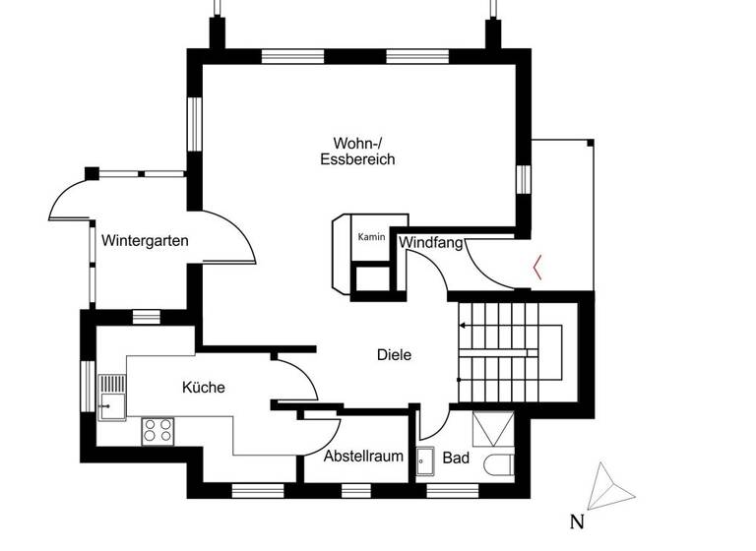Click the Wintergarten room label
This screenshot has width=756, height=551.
pyautogui.click(x=145, y=240)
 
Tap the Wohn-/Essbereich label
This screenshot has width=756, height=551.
pyautogui.click(x=357, y=150)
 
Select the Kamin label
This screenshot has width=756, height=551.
pyautogui.click(x=370, y=237)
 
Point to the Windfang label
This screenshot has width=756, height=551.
pyautogui.click(x=431, y=241)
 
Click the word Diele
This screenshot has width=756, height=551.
pyautogui.click(x=394, y=355)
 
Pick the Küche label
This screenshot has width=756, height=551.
pyautogui.click(x=204, y=388)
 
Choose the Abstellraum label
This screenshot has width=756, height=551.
pyautogui.click(x=364, y=457)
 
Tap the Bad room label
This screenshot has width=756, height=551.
pyautogui.click(x=456, y=458)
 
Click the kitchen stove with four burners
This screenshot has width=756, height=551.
pyautogui.click(x=157, y=430)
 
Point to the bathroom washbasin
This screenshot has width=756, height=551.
pyautogui.click(x=425, y=459)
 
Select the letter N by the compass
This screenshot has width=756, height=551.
pyautogui.click(x=577, y=520)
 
